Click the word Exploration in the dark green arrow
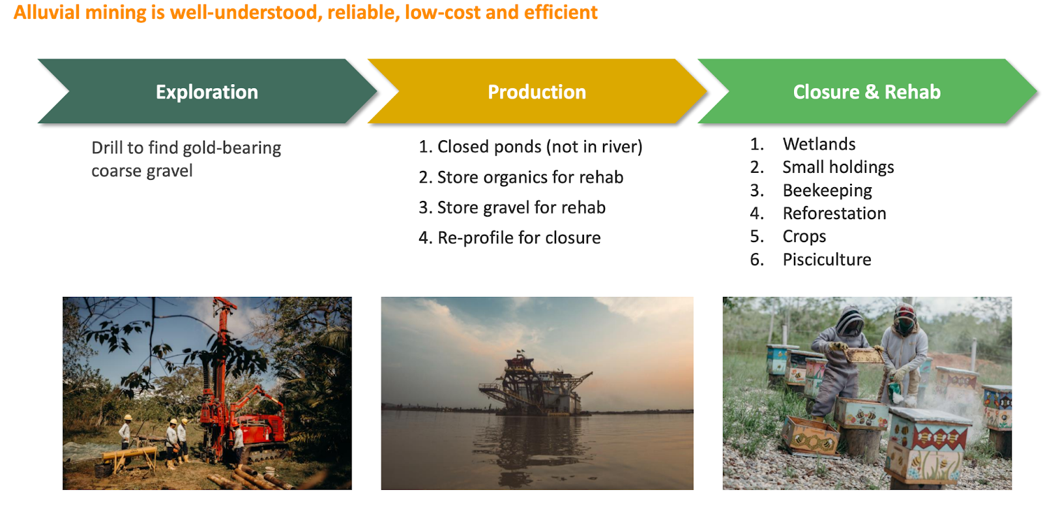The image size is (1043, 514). [207, 92]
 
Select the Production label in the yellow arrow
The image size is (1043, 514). [537, 92]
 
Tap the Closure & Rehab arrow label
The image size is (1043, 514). [866, 92]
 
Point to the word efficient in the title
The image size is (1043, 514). [561, 12]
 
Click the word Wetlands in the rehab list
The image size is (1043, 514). [819, 144]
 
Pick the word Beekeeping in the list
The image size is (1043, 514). [827, 190]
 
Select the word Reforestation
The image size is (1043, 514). [834, 213]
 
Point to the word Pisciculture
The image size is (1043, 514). [827, 260]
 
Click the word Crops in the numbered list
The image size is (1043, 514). [804, 237]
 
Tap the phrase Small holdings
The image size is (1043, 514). [838, 167]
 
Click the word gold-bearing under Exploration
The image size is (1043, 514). [232, 148]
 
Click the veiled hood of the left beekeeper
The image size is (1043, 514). [851, 321]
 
